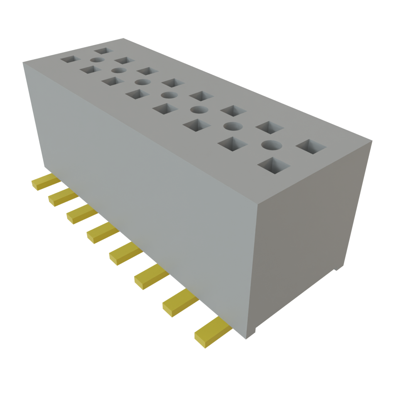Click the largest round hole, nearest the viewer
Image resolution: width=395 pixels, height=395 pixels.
point(271,145)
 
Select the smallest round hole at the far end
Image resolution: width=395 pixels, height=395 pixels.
point(97,61)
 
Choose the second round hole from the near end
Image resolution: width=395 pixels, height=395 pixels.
point(231,126)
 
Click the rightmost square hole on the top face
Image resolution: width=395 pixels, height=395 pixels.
point(311,147)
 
